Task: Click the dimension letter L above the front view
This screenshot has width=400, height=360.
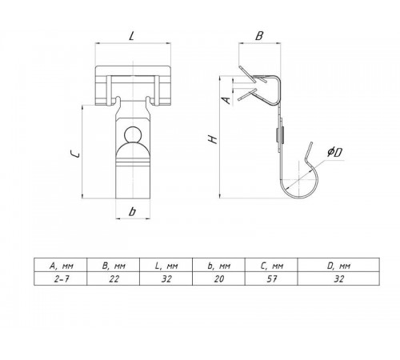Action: (131, 36)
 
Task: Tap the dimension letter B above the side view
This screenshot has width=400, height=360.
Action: (259, 36)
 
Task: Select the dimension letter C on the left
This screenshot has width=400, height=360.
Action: (75, 154)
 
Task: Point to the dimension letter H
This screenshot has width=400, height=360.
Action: (213, 139)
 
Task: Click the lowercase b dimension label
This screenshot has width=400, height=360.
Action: (132, 212)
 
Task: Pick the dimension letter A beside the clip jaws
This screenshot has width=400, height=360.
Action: (226, 100)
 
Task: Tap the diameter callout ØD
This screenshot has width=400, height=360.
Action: (335, 152)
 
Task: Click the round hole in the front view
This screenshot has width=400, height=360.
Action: (133, 134)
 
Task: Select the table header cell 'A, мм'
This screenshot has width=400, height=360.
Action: (62, 266)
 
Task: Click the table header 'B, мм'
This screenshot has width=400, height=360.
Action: (114, 266)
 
